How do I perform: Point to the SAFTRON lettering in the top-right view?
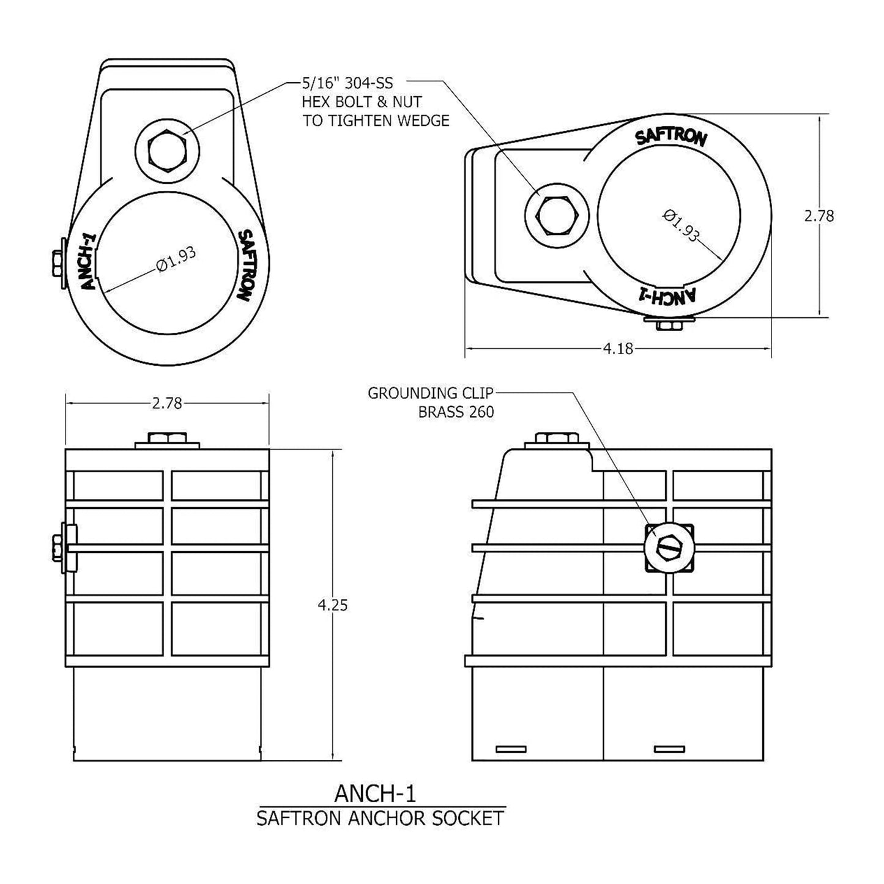click(x=671, y=136)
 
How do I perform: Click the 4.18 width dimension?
click(x=618, y=349)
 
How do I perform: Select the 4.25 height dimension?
click(x=332, y=605)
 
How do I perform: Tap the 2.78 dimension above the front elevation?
click(x=166, y=403)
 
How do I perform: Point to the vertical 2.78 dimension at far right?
click(x=819, y=216)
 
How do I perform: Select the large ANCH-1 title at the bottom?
click(x=375, y=793)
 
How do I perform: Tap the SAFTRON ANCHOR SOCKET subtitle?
click(x=380, y=818)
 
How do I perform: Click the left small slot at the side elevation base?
click(x=510, y=749)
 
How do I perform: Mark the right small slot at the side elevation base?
click(x=669, y=749)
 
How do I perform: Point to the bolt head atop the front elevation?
click(x=167, y=437)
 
